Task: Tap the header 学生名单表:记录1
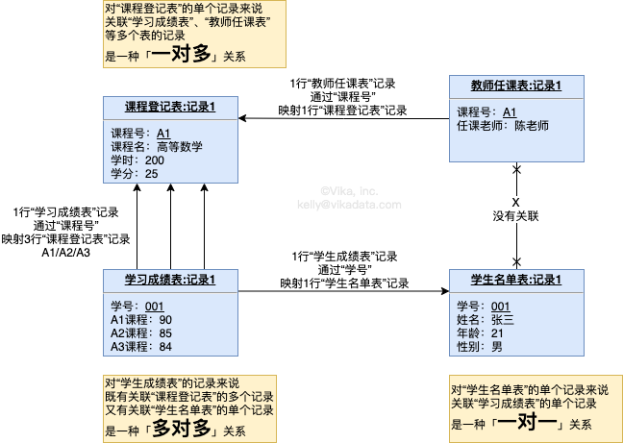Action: coord(516,280)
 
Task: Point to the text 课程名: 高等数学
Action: coord(158,146)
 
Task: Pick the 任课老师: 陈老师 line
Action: coord(502,125)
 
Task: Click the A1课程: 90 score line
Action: coord(141,320)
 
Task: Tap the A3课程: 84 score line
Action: coord(141,346)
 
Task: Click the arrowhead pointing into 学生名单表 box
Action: coord(443,290)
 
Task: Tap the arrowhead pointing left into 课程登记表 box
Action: coord(244,118)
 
